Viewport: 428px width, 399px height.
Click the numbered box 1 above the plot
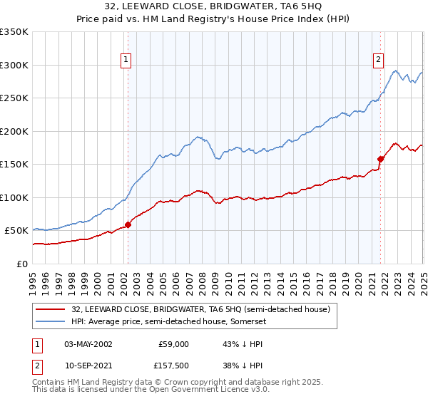tap(126, 61)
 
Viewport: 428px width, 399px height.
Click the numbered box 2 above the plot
tap(378, 61)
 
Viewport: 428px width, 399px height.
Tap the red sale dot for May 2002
tap(128, 224)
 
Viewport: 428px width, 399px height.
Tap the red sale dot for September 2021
tap(380, 159)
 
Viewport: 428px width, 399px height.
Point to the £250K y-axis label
tap(14, 98)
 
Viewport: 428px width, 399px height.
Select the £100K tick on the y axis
tap(14, 197)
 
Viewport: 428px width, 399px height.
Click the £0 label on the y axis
tap(21, 264)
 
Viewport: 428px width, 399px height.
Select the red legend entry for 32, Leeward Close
tap(200, 310)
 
